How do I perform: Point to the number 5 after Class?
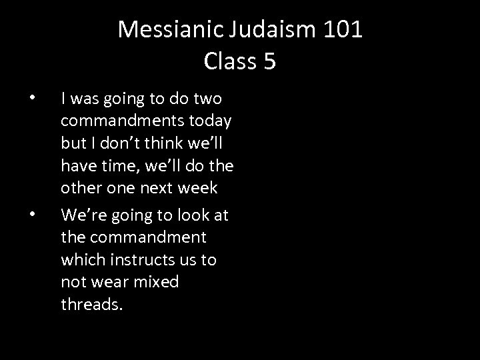pos(269,61)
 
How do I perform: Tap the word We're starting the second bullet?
pos(80,215)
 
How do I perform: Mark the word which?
pos(81,259)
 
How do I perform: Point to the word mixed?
pos(155,282)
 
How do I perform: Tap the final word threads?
pos(91,304)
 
